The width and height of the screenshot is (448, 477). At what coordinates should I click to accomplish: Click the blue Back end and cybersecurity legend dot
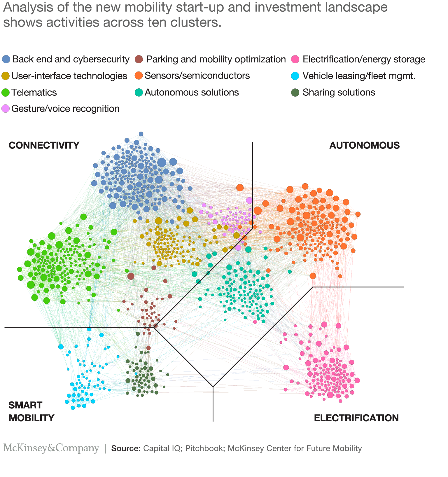coord(6,59)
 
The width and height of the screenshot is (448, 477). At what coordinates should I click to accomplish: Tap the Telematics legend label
coord(34,92)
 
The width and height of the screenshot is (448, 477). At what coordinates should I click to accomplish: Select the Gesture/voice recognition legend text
coord(65,109)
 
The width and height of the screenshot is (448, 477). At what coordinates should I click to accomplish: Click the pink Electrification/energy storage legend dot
coord(296,59)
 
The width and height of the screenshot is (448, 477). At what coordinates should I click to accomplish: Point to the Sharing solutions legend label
coord(339,92)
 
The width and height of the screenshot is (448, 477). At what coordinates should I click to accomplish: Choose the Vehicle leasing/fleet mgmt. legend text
coord(359,76)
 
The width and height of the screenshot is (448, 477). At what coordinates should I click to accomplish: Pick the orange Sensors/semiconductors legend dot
coord(139,76)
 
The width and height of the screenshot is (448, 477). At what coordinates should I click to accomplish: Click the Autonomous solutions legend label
coord(192,92)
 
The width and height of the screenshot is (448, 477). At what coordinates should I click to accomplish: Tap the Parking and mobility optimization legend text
coord(216,59)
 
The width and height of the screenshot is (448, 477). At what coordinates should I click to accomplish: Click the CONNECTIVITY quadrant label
coord(44,145)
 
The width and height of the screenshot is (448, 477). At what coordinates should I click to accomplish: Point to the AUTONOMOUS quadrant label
coord(364,145)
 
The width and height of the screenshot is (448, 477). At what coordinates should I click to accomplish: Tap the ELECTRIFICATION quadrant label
coord(356,418)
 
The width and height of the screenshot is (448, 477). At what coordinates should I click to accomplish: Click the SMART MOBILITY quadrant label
coord(32,411)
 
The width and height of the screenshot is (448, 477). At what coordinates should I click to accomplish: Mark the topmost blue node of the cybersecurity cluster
coord(141,134)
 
